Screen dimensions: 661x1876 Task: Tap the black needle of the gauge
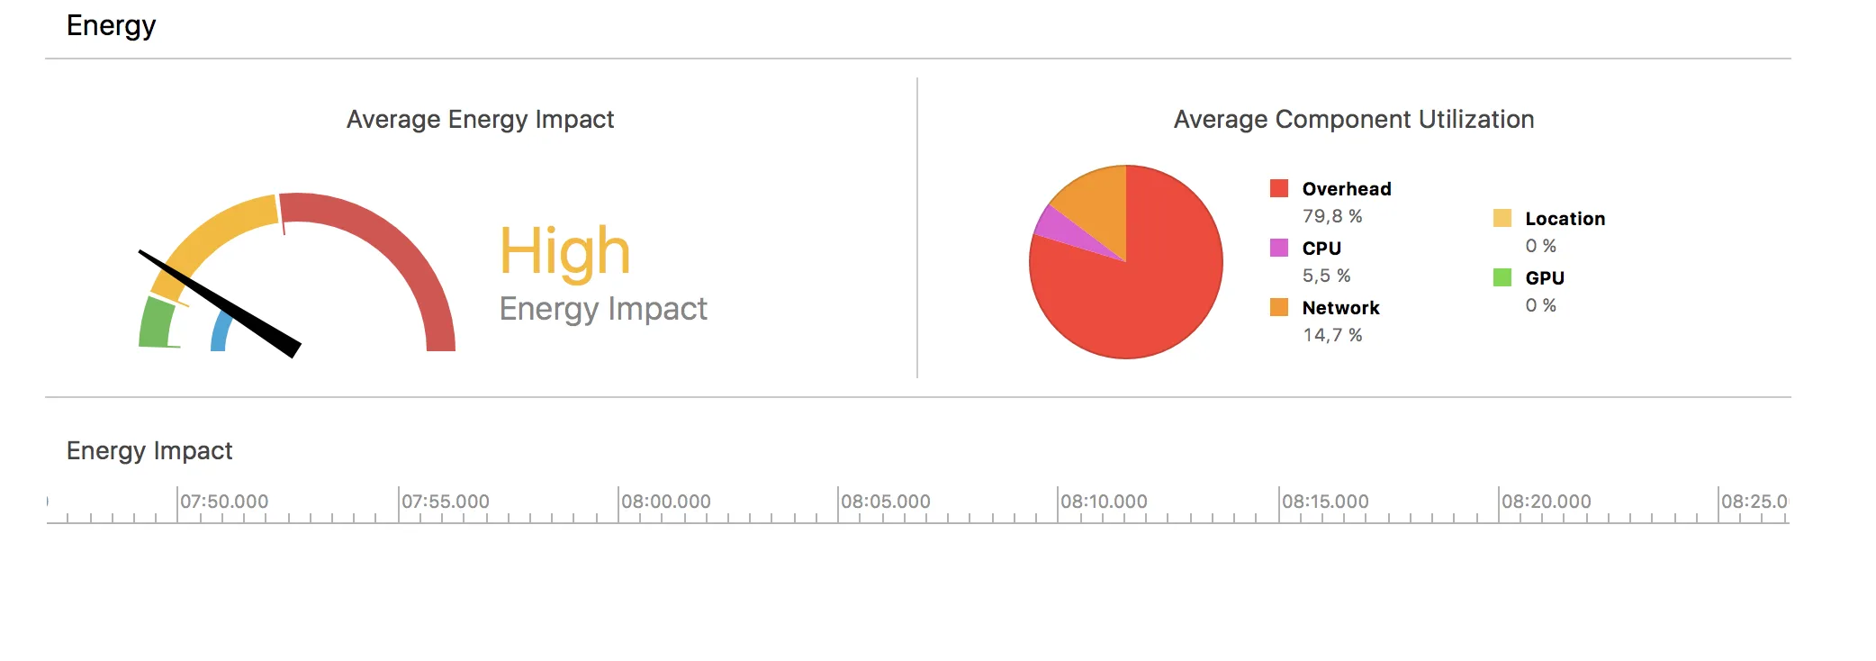click(x=225, y=305)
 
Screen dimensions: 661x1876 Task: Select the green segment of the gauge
click(x=157, y=322)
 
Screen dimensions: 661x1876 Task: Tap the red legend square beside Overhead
click(x=1278, y=188)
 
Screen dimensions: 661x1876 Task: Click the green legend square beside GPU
click(x=1502, y=277)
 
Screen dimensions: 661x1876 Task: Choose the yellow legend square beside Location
click(x=1502, y=218)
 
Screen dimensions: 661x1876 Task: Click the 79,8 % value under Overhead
click(x=1332, y=216)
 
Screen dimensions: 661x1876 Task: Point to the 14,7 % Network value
click(x=1332, y=335)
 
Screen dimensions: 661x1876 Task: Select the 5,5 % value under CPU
click(x=1326, y=276)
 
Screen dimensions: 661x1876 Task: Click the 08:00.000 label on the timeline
click(x=666, y=502)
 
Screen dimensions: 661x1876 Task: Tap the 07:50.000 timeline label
click(x=224, y=502)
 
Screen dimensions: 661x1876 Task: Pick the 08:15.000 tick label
click(x=1325, y=502)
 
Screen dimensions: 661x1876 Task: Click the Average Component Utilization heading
click(x=1353, y=120)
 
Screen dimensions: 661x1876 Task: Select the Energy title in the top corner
click(x=111, y=26)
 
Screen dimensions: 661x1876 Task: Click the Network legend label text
click(x=1340, y=308)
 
